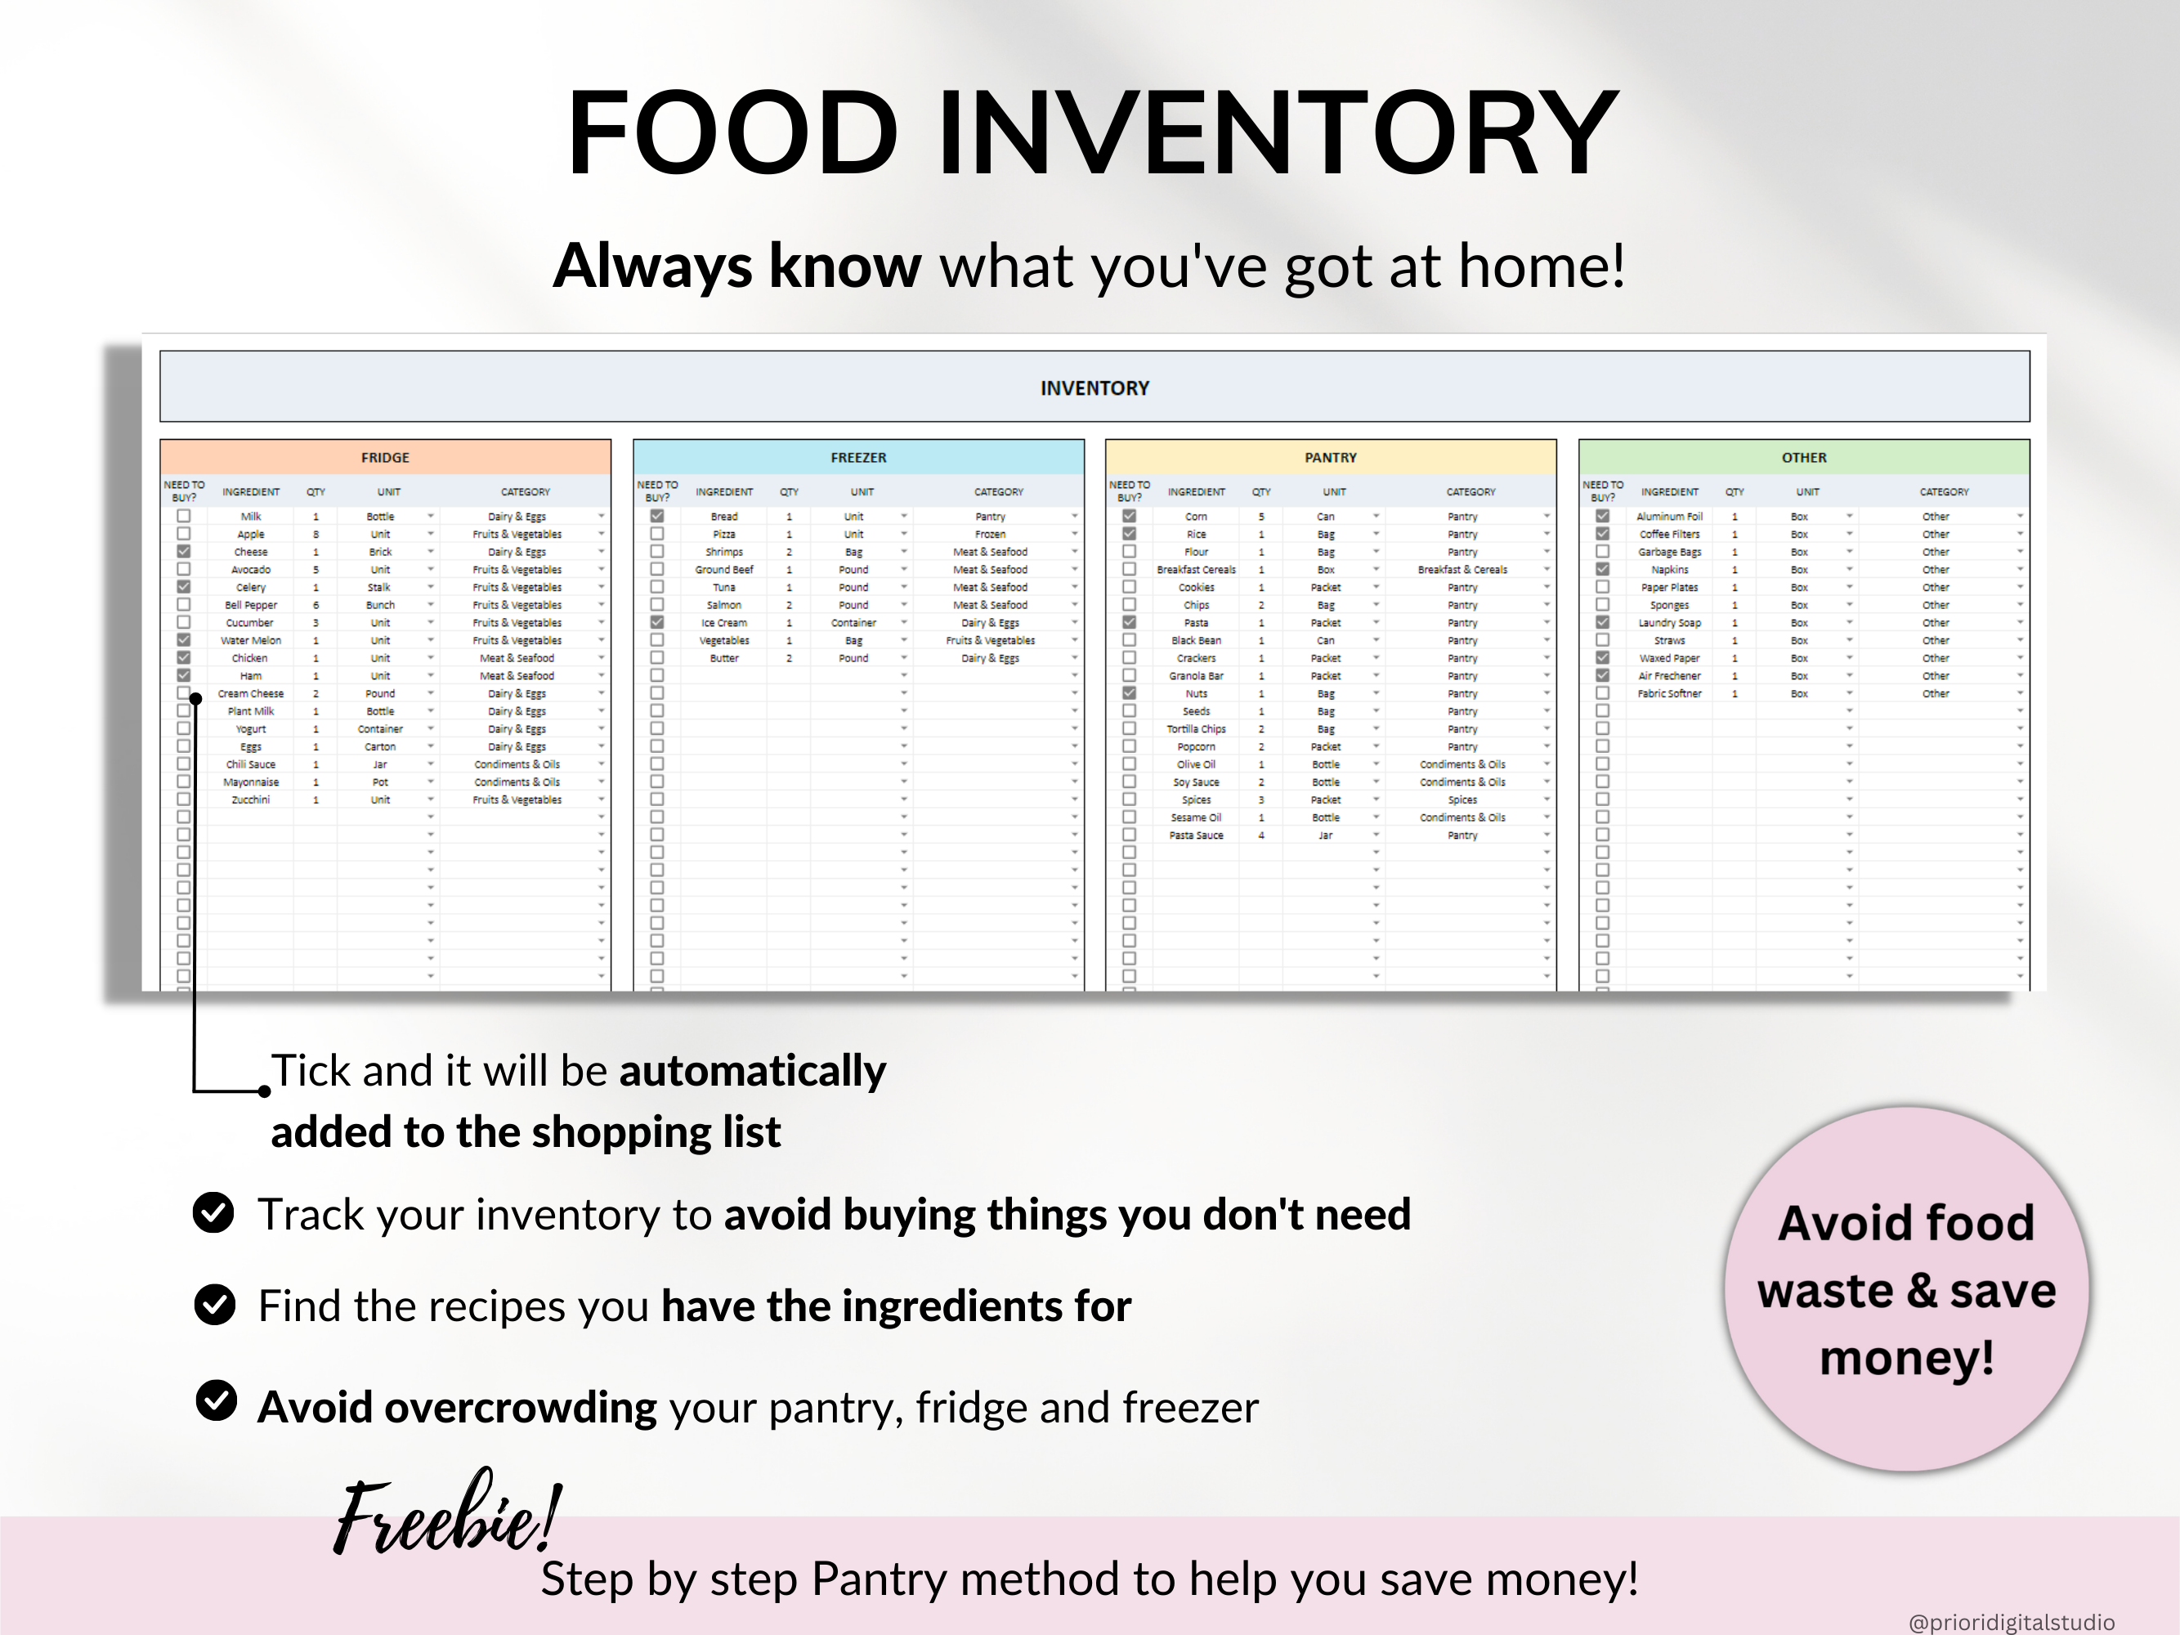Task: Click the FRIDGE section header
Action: point(384,457)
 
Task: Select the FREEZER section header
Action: point(857,457)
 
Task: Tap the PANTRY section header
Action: point(1331,457)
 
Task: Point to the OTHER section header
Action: point(1803,457)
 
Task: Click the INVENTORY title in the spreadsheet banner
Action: point(1094,388)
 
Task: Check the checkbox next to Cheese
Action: point(183,552)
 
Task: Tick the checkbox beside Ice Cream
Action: point(657,623)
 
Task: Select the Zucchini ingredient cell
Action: point(250,800)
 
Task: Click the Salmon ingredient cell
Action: point(723,605)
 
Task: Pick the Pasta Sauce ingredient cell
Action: point(1196,835)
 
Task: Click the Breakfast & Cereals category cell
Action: point(1462,570)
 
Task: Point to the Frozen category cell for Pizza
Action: point(990,534)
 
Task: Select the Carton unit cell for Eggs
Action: point(379,747)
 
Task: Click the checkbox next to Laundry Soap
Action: point(1602,623)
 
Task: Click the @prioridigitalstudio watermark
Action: point(2011,1622)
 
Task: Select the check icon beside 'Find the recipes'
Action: point(214,1304)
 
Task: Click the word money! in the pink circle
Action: point(1906,1358)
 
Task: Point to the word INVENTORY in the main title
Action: point(1278,133)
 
